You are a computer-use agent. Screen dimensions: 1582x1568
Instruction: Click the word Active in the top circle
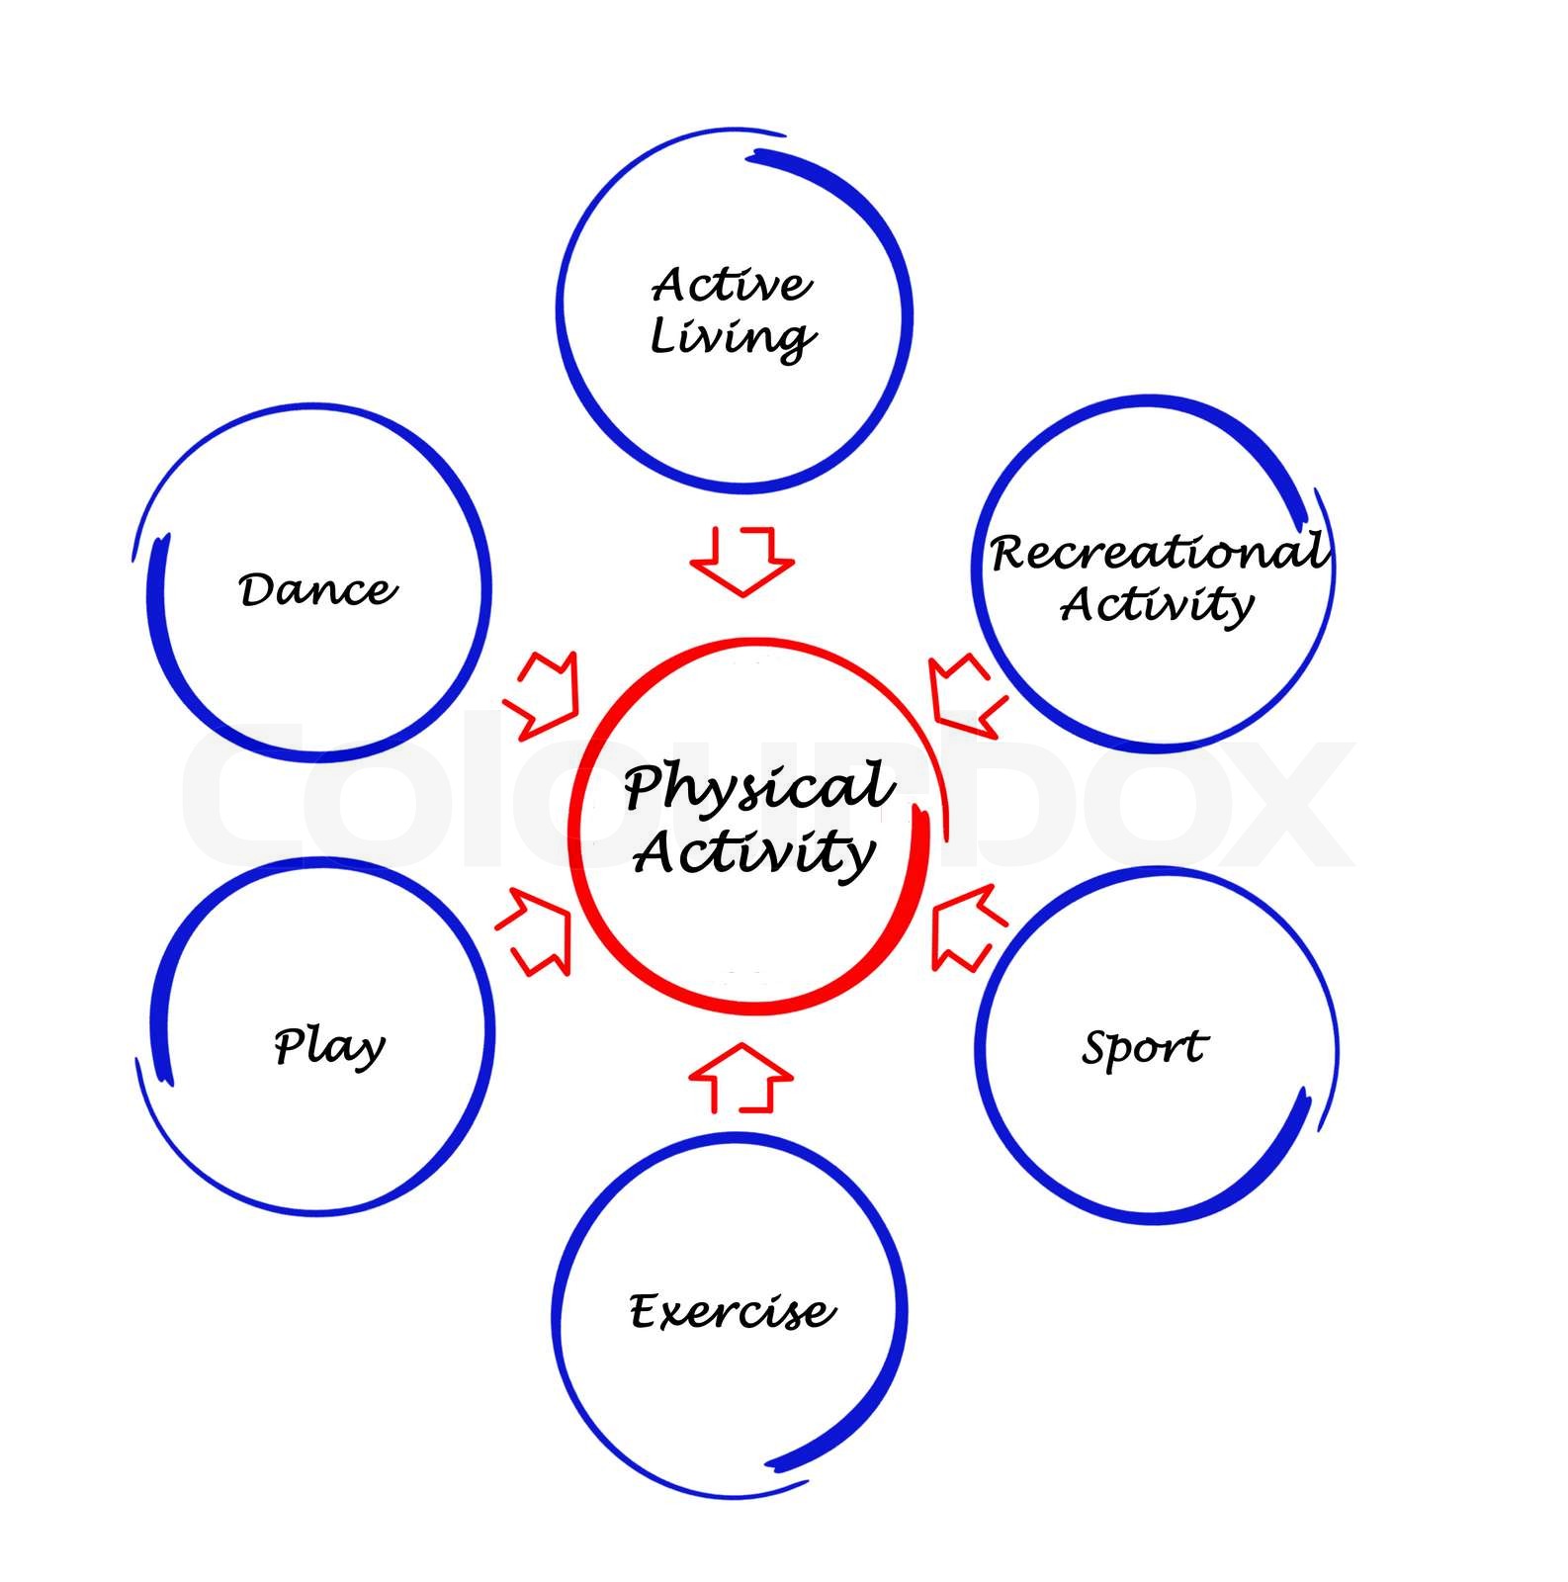732,285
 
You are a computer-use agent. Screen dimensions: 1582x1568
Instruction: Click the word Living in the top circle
732,337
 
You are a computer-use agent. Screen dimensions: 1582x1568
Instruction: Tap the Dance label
317,589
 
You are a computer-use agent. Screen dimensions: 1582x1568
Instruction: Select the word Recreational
1157,552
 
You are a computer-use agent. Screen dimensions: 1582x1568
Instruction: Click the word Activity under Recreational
1157,604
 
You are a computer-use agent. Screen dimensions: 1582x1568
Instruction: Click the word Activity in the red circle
754,852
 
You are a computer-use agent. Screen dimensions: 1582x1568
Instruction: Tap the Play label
329,1046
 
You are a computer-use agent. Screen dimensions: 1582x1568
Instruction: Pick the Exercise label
732,1312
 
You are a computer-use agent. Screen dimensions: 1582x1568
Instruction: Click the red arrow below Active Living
742,562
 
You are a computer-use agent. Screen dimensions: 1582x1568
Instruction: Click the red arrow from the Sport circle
967,927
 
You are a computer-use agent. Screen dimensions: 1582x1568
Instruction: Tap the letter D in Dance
256,590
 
